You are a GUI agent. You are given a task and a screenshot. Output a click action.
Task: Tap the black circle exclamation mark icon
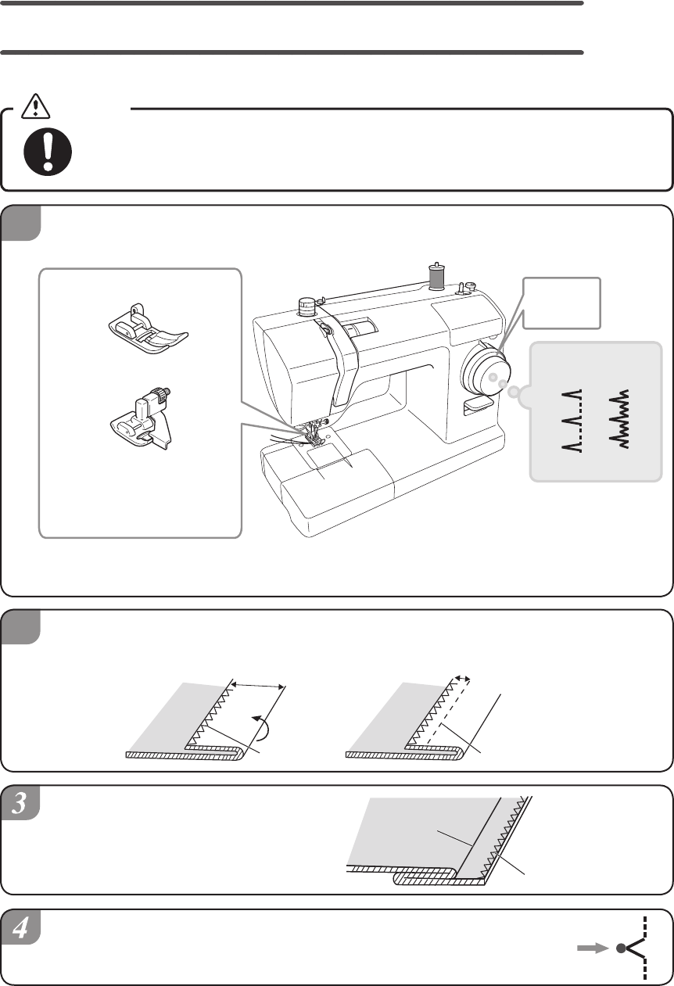pyautogui.click(x=48, y=151)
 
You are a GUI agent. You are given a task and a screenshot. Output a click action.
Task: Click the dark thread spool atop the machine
pyautogui.click(x=436, y=275)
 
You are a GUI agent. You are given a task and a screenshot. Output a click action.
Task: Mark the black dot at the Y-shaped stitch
pyautogui.click(x=621, y=948)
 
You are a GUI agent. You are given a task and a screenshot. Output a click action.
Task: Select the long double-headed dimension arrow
pyautogui.click(x=260, y=685)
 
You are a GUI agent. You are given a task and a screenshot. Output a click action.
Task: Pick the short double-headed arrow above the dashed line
pyautogui.click(x=463, y=679)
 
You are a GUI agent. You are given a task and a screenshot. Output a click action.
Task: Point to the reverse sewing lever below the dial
pyautogui.click(x=475, y=403)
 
